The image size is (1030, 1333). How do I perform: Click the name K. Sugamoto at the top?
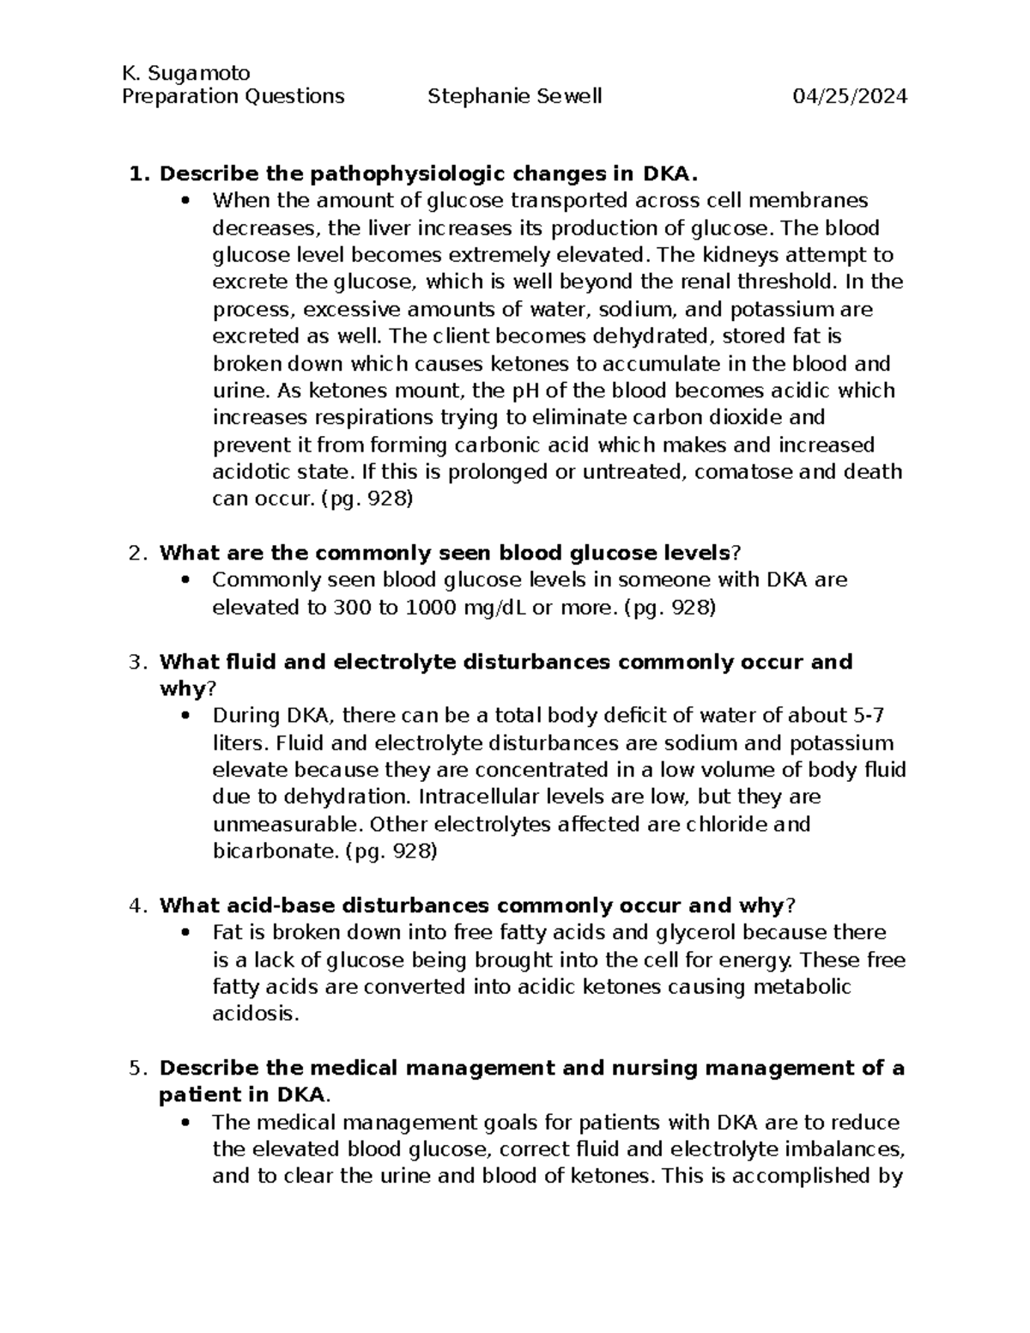(x=185, y=72)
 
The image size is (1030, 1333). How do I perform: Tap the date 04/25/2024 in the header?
(x=850, y=96)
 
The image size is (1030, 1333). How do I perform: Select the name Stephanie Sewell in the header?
(x=514, y=96)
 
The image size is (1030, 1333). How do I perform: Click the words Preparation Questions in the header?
(x=233, y=96)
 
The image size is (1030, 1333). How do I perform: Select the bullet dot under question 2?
(x=185, y=580)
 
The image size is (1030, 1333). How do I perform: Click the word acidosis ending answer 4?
(x=256, y=1014)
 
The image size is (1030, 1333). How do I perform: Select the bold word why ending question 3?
(x=183, y=689)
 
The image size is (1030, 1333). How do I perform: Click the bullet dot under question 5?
(x=185, y=1123)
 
